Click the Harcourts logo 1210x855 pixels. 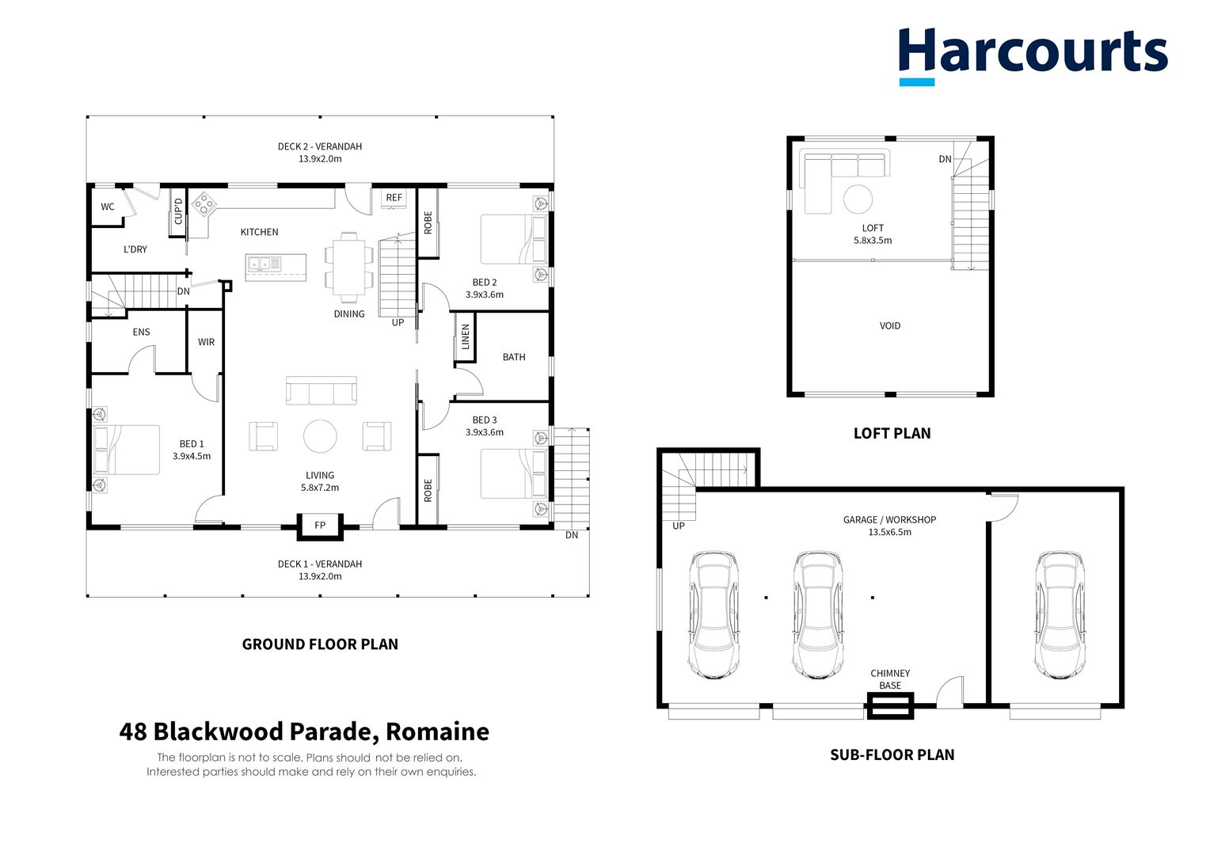pos(1033,54)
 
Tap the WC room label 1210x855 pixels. pos(108,207)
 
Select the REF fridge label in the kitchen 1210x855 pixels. pos(394,197)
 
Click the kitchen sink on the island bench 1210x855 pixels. pos(263,263)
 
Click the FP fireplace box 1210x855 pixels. pos(320,526)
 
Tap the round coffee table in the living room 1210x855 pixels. pos(320,436)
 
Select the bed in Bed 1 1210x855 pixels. pos(127,450)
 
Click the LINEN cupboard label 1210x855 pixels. pos(466,336)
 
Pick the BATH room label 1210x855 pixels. pos(514,357)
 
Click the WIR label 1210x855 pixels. pos(206,342)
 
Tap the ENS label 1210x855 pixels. pos(141,332)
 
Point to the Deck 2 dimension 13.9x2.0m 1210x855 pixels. pos(320,159)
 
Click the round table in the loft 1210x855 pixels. pos(858,199)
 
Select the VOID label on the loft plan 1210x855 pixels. pos(889,325)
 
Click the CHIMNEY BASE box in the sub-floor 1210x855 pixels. pos(890,705)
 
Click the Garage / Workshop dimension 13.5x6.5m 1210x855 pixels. pos(889,532)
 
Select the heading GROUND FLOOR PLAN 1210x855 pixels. pos(320,644)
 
